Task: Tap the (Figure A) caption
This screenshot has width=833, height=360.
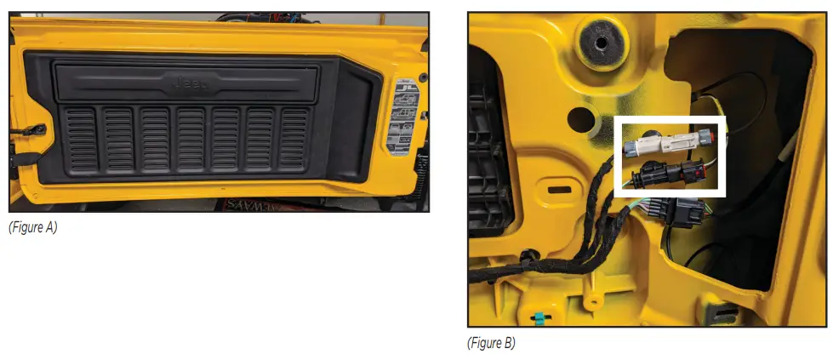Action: (x=33, y=227)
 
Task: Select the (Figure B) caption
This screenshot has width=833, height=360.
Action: (x=491, y=343)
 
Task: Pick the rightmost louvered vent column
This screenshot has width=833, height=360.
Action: (x=294, y=137)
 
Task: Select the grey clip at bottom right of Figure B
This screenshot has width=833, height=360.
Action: (x=714, y=311)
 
